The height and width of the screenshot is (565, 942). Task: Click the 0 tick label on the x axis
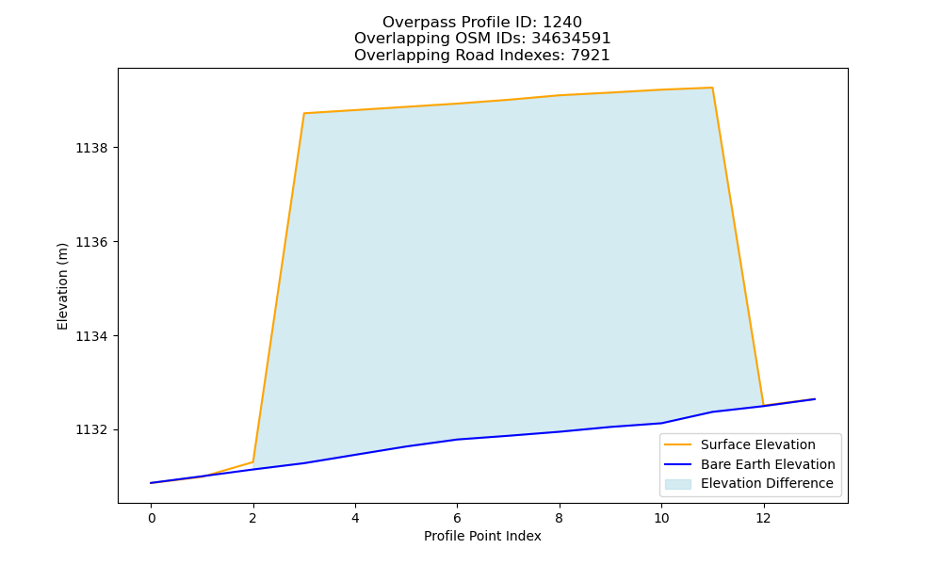152,518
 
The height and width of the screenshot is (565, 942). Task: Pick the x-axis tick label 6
457,518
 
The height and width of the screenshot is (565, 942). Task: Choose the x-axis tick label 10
661,518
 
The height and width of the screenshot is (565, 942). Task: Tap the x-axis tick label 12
763,518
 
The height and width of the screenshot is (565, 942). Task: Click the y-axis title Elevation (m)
62,286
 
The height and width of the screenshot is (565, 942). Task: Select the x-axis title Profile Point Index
482,536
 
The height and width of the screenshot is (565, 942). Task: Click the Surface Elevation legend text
758,444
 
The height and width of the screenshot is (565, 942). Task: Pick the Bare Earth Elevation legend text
768,464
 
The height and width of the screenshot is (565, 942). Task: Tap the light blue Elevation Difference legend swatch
677,484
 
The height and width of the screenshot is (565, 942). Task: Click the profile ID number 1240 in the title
562,23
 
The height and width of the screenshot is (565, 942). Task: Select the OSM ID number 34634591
571,39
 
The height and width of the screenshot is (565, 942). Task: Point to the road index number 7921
590,56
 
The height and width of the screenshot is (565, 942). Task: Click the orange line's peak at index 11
712,88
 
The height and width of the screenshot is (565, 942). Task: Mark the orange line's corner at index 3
304,113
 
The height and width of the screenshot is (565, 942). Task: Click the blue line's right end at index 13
815,398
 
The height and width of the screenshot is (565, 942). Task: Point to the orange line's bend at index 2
252,462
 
